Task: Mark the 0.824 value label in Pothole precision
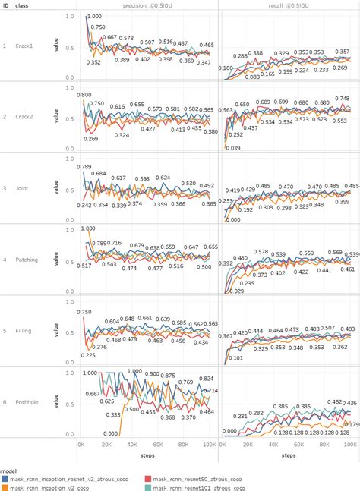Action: point(206,378)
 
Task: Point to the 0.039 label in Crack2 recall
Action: point(232,148)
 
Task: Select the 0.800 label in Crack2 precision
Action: point(84,95)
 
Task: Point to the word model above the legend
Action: point(8,470)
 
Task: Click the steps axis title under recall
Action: point(289,456)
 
